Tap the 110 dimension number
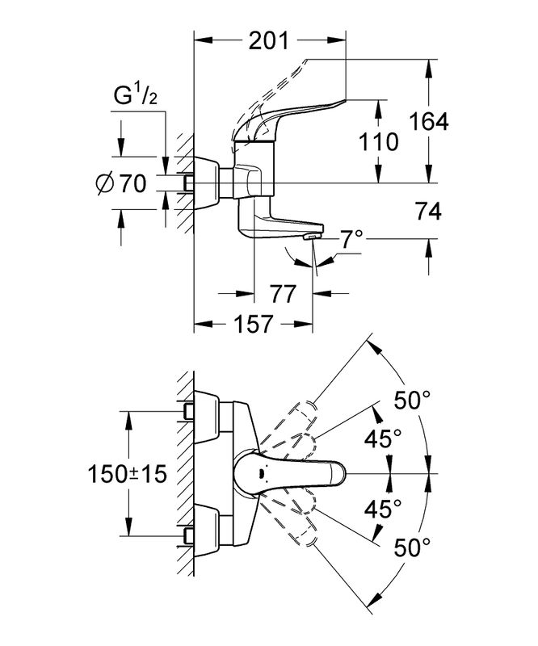point(379,142)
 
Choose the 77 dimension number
point(282,292)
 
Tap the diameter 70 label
point(120,184)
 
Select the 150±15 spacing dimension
point(128,473)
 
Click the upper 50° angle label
point(411,400)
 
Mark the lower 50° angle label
point(411,548)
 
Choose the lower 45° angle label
point(385,509)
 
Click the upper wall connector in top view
point(188,412)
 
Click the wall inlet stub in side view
point(187,184)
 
